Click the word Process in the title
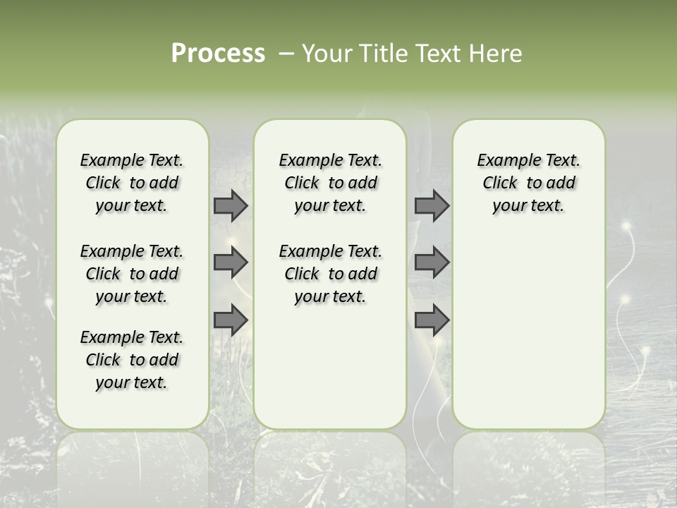[218, 54]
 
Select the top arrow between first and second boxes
[231, 205]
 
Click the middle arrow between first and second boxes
[231, 262]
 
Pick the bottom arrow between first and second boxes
[231, 320]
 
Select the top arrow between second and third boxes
[432, 205]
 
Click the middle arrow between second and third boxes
[432, 262]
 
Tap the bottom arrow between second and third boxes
[432, 320]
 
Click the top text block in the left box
[132, 183]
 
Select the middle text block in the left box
[132, 274]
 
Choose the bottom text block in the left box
[132, 360]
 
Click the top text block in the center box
[330, 183]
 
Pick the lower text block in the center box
[330, 274]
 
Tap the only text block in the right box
[528, 183]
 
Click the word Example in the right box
[504, 161]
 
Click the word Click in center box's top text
[301, 183]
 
